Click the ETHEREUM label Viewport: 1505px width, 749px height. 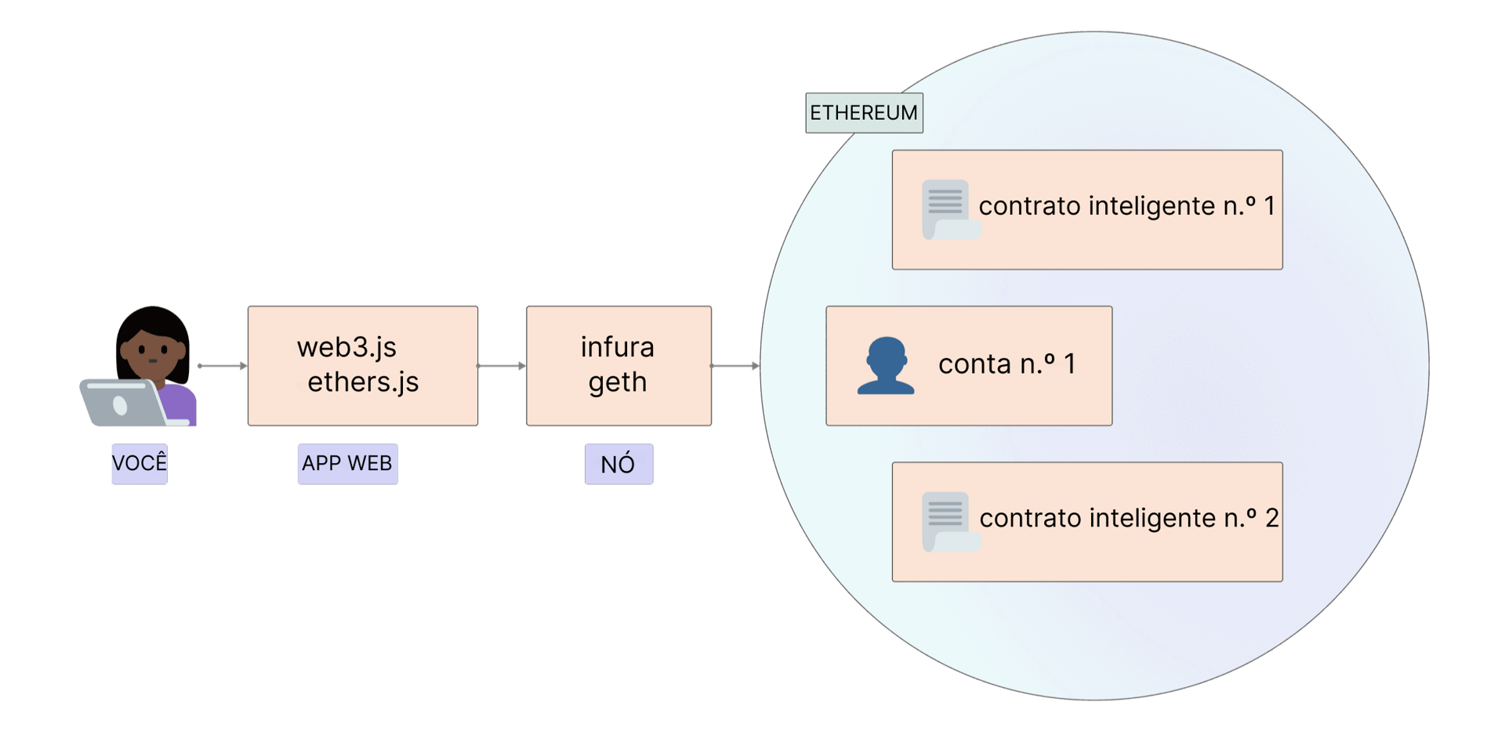(x=864, y=113)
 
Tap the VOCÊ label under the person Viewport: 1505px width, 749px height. (x=140, y=463)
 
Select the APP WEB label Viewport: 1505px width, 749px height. (x=347, y=463)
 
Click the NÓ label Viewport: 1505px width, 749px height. (x=618, y=464)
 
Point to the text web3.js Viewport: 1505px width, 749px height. (x=346, y=347)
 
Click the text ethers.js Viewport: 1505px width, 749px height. (x=363, y=382)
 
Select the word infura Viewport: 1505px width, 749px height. (x=617, y=347)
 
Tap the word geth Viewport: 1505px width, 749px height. (x=618, y=382)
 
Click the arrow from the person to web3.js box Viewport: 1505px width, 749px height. (x=222, y=366)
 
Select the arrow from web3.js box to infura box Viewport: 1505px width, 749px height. (x=502, y=366)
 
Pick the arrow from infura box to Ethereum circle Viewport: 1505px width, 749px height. (x=735, y=366)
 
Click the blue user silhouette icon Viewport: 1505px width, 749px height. (x=886, y=366)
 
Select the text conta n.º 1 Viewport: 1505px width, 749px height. (x=1007, y=364)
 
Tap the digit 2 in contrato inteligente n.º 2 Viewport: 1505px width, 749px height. (x=1271, y=518)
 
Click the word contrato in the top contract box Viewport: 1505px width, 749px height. (x=1029, y=206)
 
